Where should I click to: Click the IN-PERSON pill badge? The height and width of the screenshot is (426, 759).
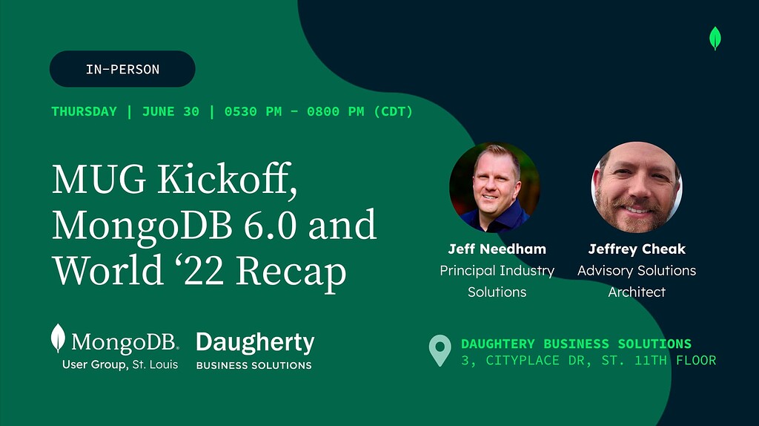coord(122,69)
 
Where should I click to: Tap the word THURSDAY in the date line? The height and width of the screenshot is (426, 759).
coord(84,111)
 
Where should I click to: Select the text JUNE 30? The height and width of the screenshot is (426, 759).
coord(170,111)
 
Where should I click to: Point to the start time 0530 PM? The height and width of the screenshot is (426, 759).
coord(253,111)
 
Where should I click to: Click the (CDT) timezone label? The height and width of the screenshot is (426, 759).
coord(393,111)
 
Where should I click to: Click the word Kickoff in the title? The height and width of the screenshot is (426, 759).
coord(227,180)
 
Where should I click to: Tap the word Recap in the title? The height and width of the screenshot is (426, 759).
coord(291,272)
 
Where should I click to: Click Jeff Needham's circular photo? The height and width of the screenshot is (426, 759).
coord(494,187)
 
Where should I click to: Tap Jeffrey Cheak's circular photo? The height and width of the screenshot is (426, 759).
coord(637,187)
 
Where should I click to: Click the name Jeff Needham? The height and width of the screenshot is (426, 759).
coord(497,249)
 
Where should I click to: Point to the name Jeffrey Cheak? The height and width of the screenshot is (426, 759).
coord(637,249)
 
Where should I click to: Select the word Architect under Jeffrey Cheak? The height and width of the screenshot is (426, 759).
coord(637,292)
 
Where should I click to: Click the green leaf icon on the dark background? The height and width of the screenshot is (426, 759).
coord(715,39)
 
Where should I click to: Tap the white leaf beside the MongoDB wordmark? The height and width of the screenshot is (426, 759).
coord(58,338)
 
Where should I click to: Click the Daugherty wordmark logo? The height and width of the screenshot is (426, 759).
coord(255,350)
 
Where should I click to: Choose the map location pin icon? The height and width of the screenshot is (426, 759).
coord(440,350)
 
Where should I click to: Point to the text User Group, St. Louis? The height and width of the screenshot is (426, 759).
coord(120,364)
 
